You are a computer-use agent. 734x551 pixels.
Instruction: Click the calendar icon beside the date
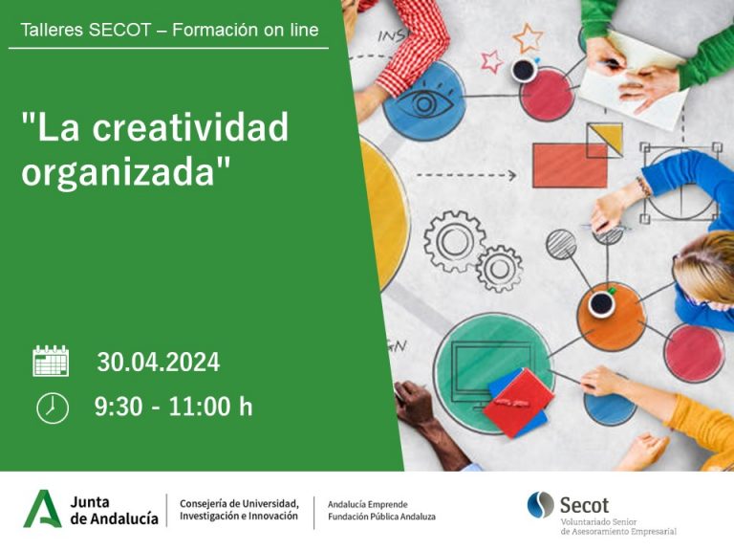(51, 361)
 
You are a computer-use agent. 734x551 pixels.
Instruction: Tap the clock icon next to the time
(53, 408)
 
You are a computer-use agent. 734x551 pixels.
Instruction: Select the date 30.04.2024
(159, 363)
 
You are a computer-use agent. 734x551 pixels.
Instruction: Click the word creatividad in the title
(190, 126)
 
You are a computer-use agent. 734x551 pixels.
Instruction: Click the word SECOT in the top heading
(119, 30)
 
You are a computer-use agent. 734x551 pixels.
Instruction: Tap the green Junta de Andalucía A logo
(42, 509)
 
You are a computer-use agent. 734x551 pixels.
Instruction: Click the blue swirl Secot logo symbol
(540, 505)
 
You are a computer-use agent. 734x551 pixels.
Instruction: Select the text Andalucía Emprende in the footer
(367, 505)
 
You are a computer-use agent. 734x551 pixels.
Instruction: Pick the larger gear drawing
(454, 241)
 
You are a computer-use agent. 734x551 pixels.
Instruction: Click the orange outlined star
(528, 37)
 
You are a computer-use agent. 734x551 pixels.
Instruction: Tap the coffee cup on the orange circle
(601, 304)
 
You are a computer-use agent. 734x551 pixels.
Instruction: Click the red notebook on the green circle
(518, 403)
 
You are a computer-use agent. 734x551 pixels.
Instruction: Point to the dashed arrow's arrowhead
(512, 176)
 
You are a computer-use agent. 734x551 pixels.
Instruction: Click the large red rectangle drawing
(570, 165)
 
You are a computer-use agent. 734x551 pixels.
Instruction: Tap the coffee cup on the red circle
(524, 70)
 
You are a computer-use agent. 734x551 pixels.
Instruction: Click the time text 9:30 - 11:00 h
(174, 407)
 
